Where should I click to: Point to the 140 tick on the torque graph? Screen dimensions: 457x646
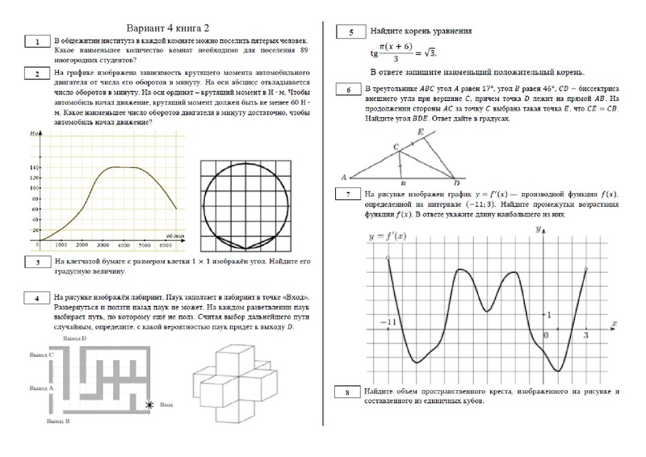coord(36,167)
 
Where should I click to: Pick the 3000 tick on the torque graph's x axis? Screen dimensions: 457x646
coord(103,245)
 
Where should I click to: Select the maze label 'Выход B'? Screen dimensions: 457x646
coord(57,421)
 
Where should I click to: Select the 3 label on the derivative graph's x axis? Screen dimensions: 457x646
coord(585,333)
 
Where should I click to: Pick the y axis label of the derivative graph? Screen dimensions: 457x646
coord(538,231)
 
